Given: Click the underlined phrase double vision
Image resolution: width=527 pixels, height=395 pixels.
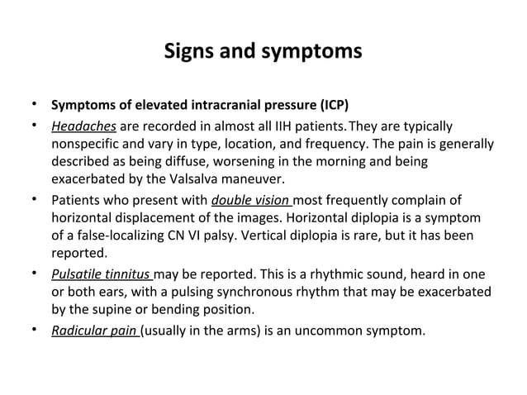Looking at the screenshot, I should tap(251, 200).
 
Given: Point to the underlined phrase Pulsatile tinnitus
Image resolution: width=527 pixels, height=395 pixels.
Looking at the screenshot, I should tap(102, 274).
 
